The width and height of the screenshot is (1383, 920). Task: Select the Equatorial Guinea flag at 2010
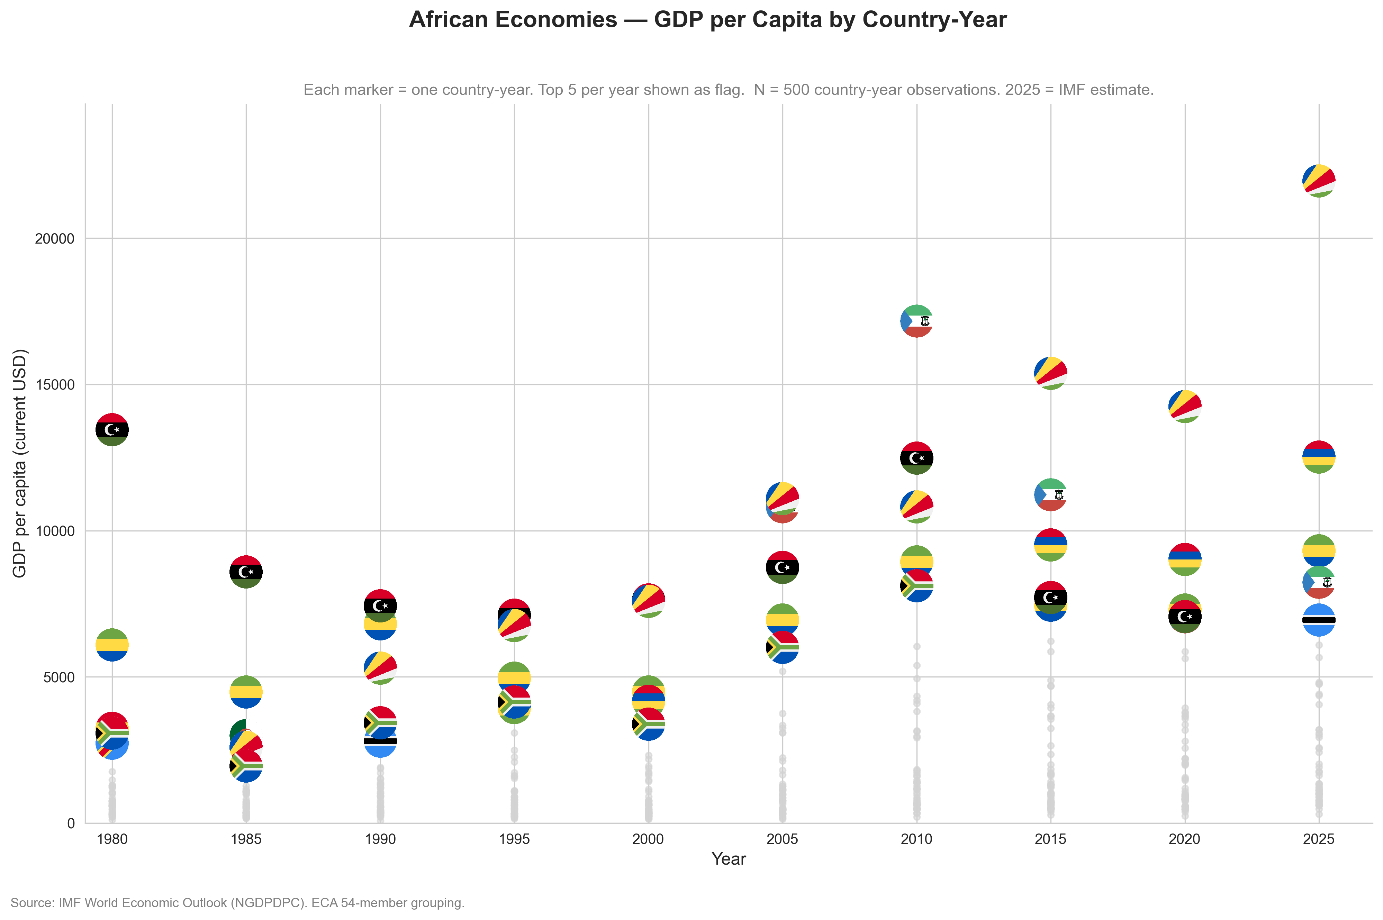tap(916, 321)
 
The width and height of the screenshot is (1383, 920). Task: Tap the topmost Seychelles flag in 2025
tap(1319, 181)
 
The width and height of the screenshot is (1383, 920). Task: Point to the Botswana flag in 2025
tap(1319, 620)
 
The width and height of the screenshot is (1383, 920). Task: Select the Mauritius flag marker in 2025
tap(1319, 456)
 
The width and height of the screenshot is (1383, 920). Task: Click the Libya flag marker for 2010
tap(916, 458)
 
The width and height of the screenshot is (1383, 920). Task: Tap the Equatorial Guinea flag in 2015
tap(1050, 495)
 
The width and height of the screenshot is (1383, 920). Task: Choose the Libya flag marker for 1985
tap(246, 572)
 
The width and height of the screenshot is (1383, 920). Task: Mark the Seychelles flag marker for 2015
tap(1050, 373)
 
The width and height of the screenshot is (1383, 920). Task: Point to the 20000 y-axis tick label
tap(55, 239)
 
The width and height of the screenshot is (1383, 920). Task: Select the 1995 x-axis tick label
tap(514, 839)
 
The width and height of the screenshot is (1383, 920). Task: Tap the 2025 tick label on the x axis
tap(1319, 839)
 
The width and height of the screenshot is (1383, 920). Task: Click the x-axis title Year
tap(728, 859)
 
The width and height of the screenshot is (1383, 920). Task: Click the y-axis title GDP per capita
tap(19, 464)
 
